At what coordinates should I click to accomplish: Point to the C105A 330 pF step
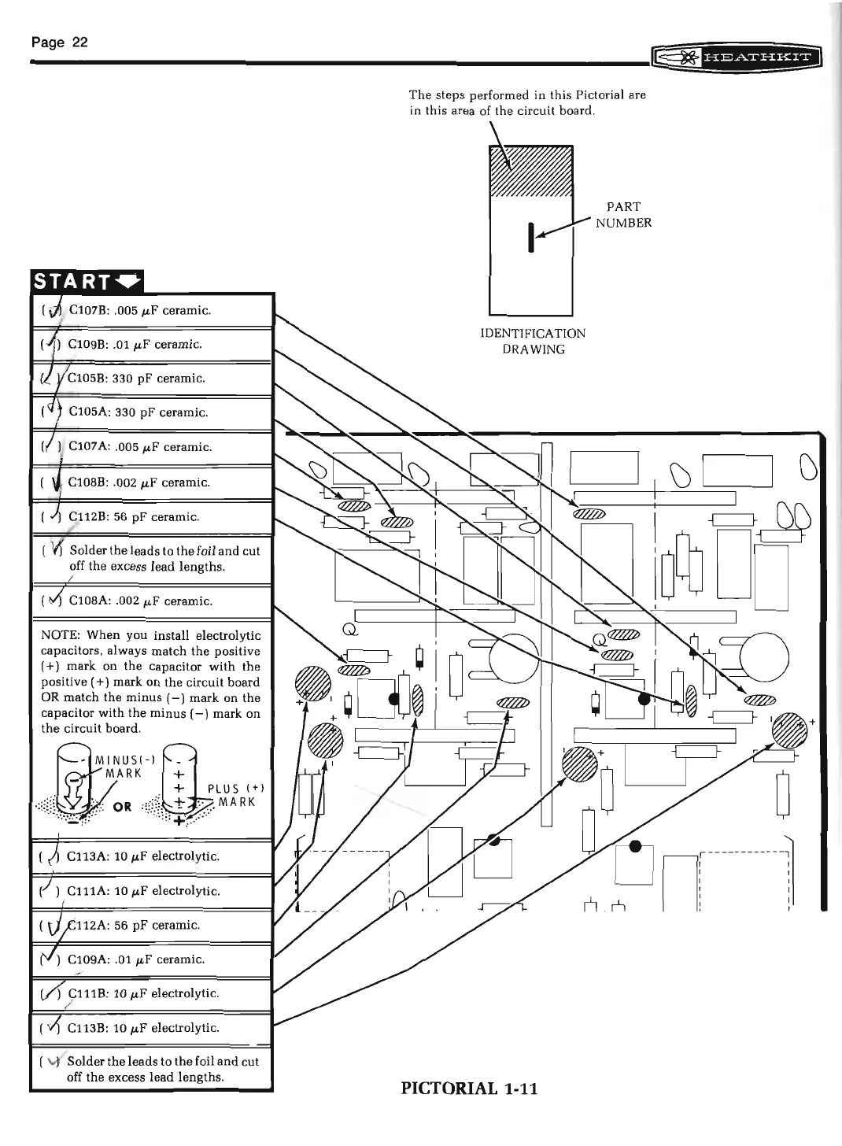coord(138,412)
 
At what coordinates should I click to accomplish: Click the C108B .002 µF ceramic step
coord(138,482)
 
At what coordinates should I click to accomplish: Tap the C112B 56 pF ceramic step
coord(134,517)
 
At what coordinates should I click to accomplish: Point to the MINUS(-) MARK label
coord(118,767)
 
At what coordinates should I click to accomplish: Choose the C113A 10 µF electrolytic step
coord(143,856)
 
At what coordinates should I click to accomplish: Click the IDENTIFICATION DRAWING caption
coord(533,341)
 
